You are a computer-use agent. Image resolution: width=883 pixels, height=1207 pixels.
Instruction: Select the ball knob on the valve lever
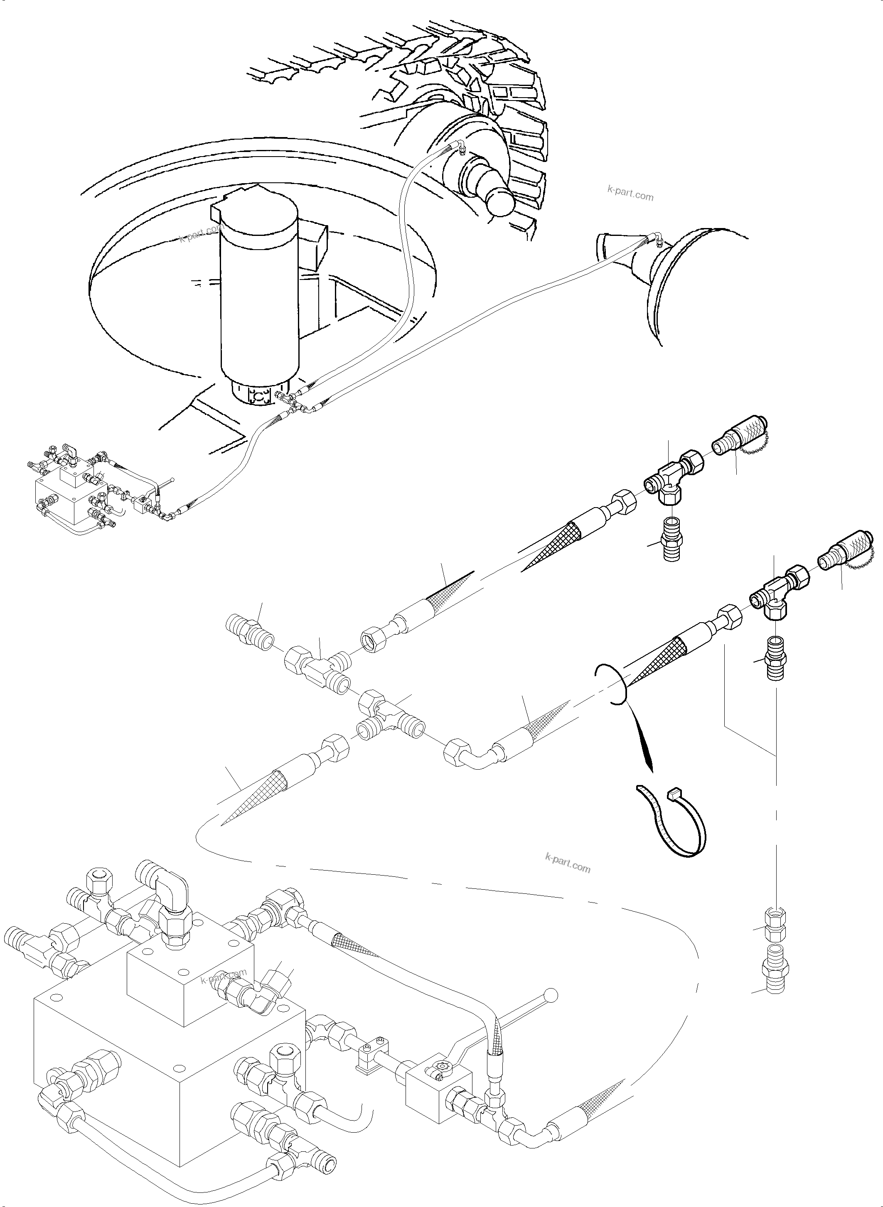[x=551, y=995]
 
